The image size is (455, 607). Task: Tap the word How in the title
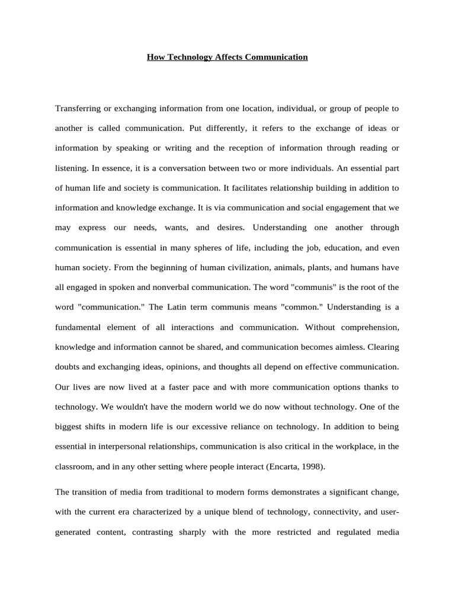(x=155, y=57)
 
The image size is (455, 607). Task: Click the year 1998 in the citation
(x=313, y=467)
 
